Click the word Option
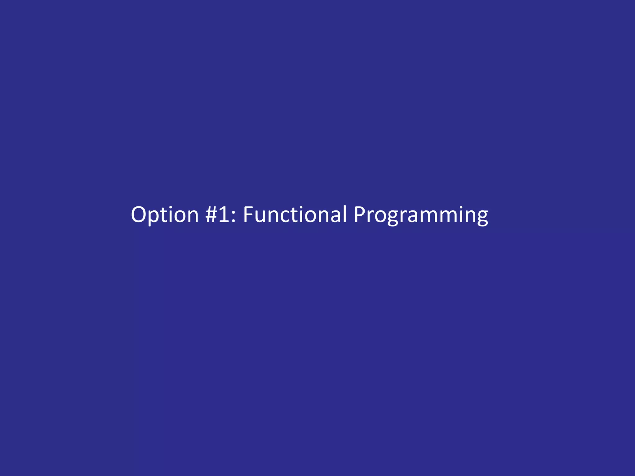pos(165,215)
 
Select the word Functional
pos(295,215)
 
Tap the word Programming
pos(421,215)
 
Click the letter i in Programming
pos(461,214)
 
